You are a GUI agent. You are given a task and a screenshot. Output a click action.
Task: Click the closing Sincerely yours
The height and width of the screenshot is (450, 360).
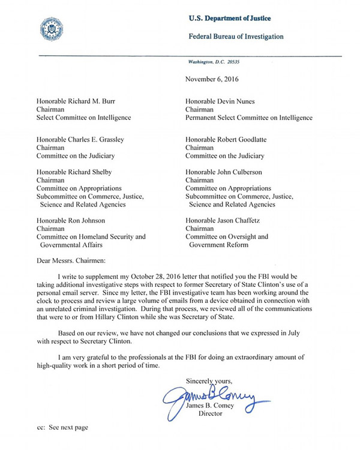209,381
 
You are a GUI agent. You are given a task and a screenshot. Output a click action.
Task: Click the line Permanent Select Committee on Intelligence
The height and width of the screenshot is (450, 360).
249,118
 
